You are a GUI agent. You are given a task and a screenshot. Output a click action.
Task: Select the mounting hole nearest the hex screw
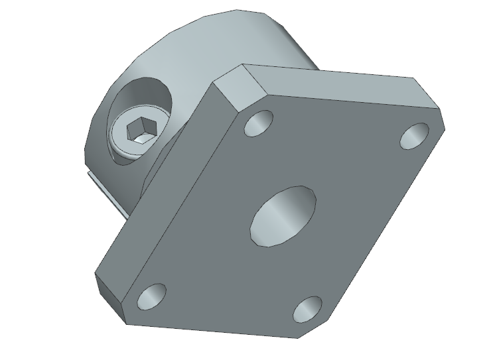pyautogui.click(x=259, y=123)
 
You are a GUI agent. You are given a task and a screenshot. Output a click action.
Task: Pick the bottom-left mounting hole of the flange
pyautogui.click(x=152, y=295)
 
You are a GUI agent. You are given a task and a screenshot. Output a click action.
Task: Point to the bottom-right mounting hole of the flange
pyautogui.click(x=307, y=310)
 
